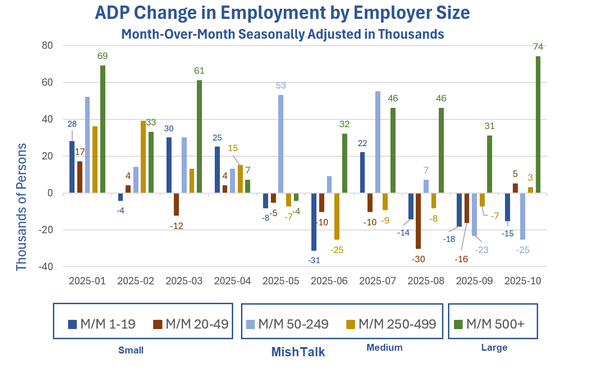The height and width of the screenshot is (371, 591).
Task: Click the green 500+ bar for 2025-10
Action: (538, 124)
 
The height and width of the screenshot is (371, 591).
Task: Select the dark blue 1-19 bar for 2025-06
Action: (314, 222)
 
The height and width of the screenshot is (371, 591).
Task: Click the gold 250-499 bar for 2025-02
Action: (143, 157)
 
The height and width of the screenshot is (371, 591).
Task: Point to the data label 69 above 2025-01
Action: (103, 56)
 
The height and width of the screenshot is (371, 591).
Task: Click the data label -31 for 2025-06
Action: (314, 260)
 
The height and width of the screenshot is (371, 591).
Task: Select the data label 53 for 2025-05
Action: (281, 86)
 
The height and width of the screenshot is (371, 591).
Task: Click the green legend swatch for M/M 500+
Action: (458, 324)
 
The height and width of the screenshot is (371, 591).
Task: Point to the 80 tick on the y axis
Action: (48, 46)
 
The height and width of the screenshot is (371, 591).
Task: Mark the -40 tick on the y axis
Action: (46, 267)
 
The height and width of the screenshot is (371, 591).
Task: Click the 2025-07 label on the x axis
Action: (378, 281)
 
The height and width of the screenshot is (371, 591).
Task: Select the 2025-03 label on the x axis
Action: (184, 281)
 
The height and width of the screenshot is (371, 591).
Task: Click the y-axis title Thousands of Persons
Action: (22, 206)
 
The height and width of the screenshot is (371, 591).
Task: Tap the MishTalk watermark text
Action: (298, 352)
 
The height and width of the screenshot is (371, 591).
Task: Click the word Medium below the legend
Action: (384, 347)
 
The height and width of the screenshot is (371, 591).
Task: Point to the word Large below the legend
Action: (494, 347)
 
